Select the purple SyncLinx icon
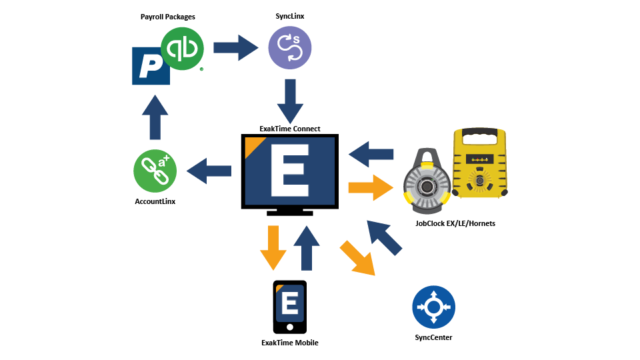pyautogui.click(x=290, y=49)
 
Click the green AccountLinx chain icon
pyautogui.click(x=155, y=171)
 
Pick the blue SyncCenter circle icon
pyautogui.click(x=433, y=307)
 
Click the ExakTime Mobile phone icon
pyautogui.click(x=290, y=307)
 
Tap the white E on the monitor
pyautogui.click(x=289, y=172)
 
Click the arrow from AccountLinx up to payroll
pyautogui.click(x=155, y=116)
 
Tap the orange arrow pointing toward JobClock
pyautogui.click(x=371, y=187)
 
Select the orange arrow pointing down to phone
pyautogui.click(x=273, y=247)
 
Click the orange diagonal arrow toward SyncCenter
pyautogui.click(x=357, y=257)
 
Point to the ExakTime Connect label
pyautogui.click(x=290, y=128)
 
